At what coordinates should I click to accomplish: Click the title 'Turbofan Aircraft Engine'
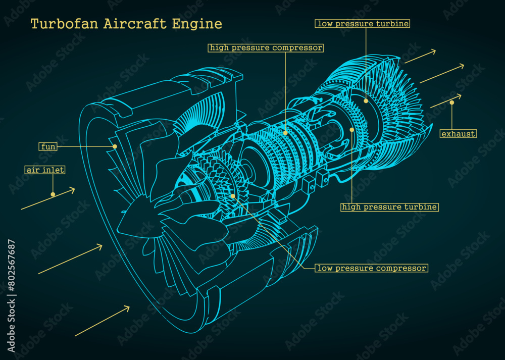(x=126, y=24)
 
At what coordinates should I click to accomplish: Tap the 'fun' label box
(x=48, y=147)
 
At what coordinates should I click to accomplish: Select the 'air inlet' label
(x=45, y=170)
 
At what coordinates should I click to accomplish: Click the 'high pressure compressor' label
(x=266, y=48)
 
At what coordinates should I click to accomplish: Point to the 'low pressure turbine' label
(x=363, y=24)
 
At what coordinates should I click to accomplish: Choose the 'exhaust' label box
(x=458, y=134)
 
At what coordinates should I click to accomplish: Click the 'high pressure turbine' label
(x=389, y=207)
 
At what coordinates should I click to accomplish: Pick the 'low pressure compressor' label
(x=372, y=268)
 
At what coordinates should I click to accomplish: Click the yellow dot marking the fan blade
(x=115, y=146)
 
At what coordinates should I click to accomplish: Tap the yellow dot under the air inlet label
(x=53, y=194)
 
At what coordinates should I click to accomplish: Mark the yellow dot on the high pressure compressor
(x=285, y=133)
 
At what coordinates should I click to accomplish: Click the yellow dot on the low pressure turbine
(x=366, y=101)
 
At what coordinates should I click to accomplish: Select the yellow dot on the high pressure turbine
(x=352, y=130)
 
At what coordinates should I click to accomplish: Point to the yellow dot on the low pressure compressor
(x=233, y=196)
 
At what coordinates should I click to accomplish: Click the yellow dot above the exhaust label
(x=452, y=102)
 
